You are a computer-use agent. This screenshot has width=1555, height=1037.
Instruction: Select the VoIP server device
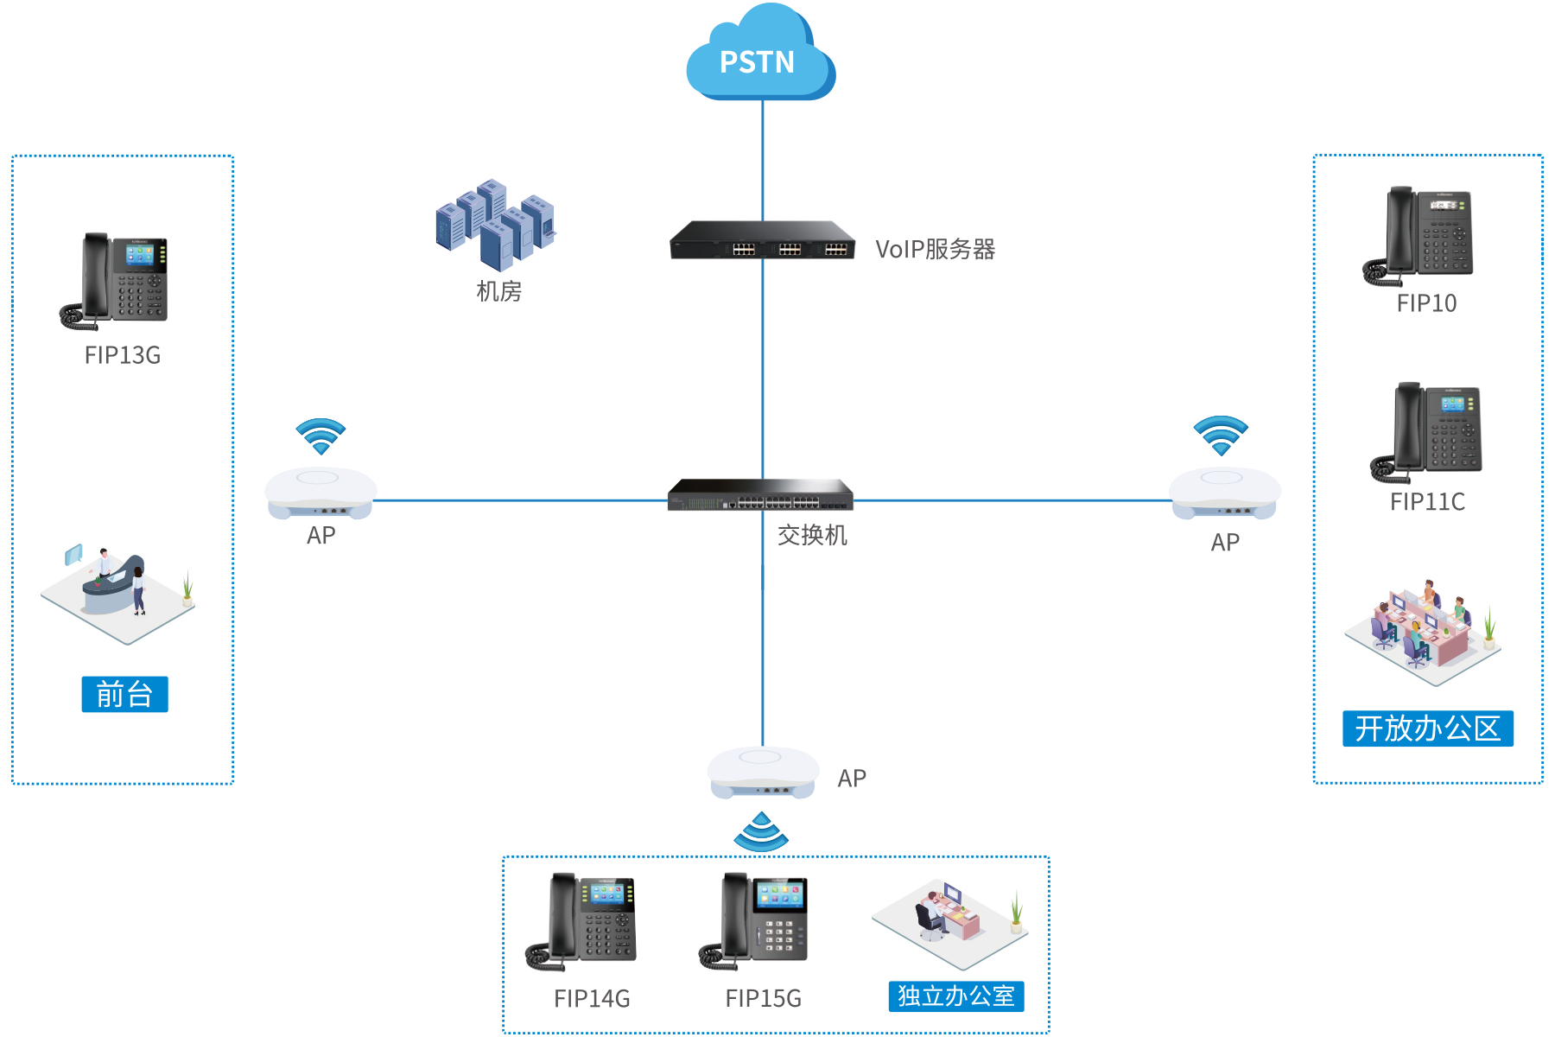click(x=762, y=241)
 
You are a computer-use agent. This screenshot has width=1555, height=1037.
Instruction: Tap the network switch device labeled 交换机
click(x=760, y=495)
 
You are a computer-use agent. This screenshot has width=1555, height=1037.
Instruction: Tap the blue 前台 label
click(x=124, y=695)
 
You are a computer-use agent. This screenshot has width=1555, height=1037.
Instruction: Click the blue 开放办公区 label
click(x=1427, y=728)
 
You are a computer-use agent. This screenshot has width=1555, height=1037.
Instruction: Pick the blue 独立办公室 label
click(x=955, y=996)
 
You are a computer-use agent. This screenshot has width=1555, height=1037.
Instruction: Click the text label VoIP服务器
click(x=935, y=250)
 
